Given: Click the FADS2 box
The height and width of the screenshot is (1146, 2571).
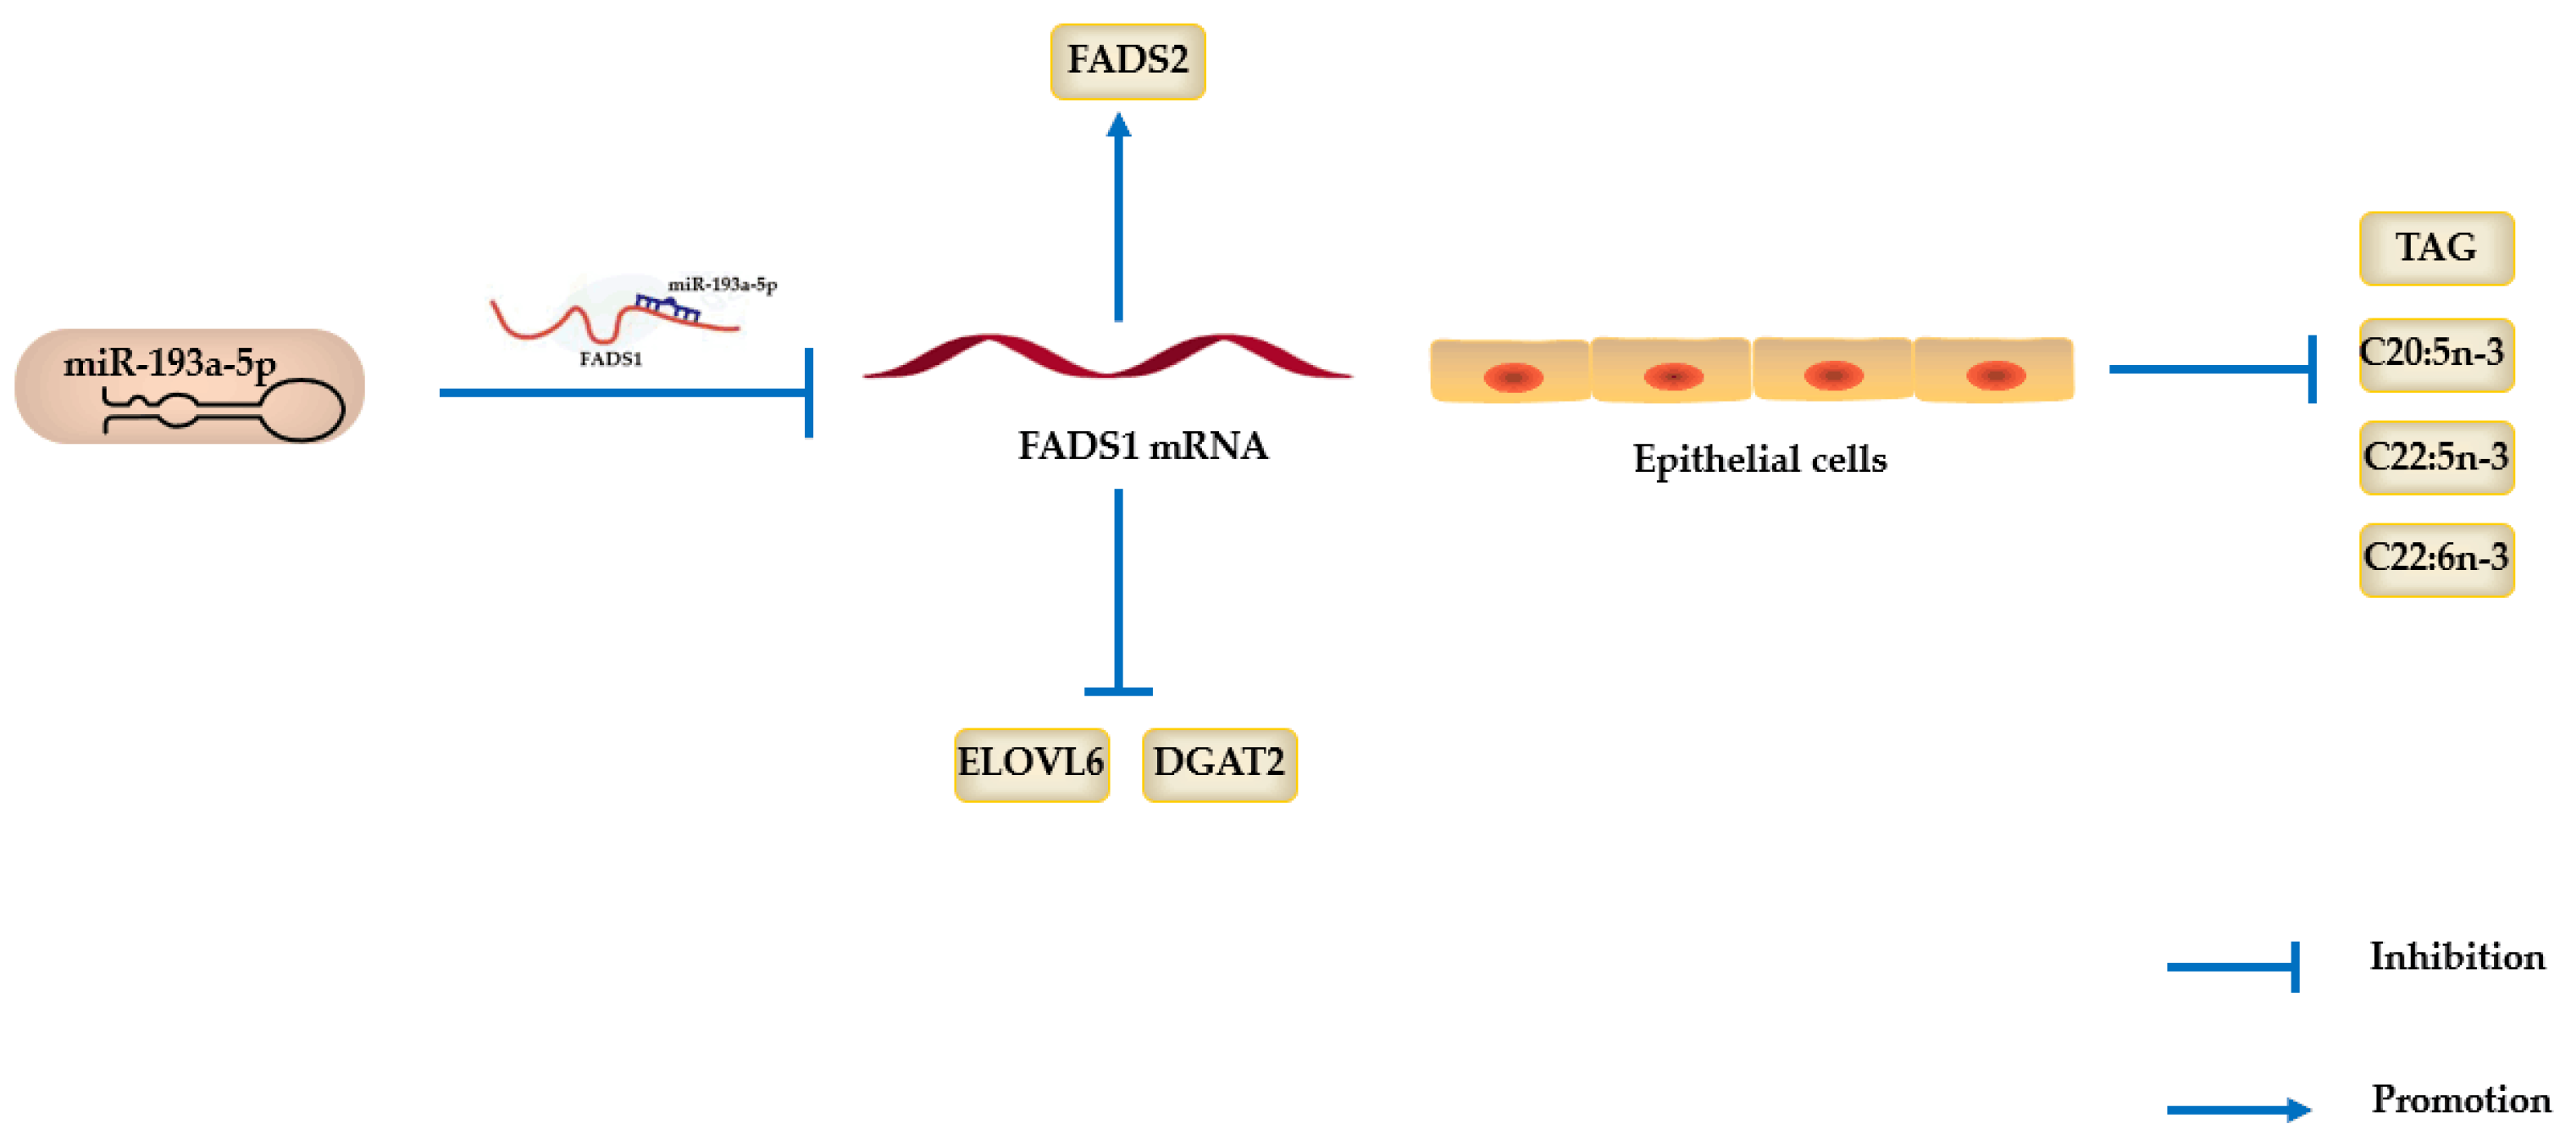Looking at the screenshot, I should pyautogui.click(x=1127, y=61).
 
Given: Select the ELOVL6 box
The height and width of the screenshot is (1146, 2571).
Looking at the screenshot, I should pyautogui.click(x=1031, y=764).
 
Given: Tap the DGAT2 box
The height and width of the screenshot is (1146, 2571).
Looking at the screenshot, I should pyautogui.click(x=1219, y=764).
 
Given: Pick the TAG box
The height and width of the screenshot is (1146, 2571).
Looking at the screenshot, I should pyautogui.click(x=2435, y=247).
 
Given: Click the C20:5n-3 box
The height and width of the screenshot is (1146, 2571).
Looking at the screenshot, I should pyautogui.click(x=2435, y=353).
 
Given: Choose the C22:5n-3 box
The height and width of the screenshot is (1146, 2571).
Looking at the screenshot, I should pyautogui.click(x=2435, y=457).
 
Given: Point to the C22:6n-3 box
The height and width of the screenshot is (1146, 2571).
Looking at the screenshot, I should pyautogui.click(x=2435, y=559).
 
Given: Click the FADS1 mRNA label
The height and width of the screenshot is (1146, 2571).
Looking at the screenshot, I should pyautogui.click(x=1143, y=446).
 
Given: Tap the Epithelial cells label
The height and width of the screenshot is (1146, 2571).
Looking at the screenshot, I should pyautogui.click(x=1759, y=460).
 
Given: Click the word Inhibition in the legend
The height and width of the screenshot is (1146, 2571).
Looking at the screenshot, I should pyautogui.click(x=2457, y=957).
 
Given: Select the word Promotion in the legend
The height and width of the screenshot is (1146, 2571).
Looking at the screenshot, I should pyautogui.click(x=2460, y=1100).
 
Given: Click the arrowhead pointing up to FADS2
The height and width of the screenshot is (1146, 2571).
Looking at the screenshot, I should pyautogui.click(x=1119, y=125).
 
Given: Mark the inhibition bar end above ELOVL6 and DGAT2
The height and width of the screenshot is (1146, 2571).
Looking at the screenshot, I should pyautogui.click(x=1118, y=691).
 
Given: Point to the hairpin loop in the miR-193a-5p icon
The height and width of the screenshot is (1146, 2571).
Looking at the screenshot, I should pyautogui.click(x=302, y=409).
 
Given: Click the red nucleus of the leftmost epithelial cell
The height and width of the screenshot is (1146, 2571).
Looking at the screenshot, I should pyautogui.click(x=1513, y=378).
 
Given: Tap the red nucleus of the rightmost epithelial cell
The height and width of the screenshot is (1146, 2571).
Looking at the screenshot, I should pyautogui.click(x=1995, y=375).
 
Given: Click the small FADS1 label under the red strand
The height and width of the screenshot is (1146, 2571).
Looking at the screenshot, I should pyautogui.click(x=610, y=359).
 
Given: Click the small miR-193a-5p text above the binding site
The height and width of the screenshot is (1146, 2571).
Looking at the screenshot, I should pyautogui.click(x=722, y=285).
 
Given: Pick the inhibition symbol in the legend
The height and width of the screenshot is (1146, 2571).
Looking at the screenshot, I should pyautogui.click(x=2234, y=966).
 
